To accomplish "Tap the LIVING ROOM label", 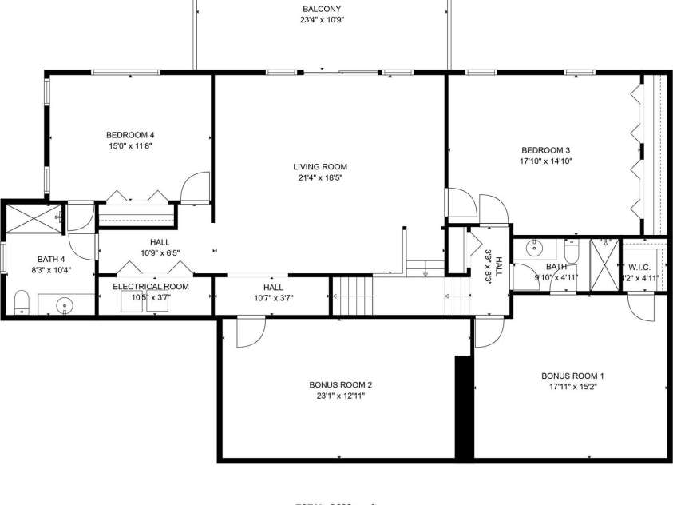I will tap(320, 167).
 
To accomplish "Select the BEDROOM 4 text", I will tap(130, 134).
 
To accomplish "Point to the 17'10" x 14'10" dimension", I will tap(546, 161).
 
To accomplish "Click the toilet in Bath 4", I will tap(22, 302).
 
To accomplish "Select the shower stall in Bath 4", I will tap(33, 219).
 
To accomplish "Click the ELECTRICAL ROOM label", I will tap(151, 286).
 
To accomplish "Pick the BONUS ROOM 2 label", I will tap(341, 384).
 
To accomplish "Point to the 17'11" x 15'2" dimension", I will tap(572, 386).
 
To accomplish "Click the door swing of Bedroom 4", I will tap(195, 189).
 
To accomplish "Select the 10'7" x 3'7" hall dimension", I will tap(273, 299).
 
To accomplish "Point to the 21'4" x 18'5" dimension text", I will tap(319, 178).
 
